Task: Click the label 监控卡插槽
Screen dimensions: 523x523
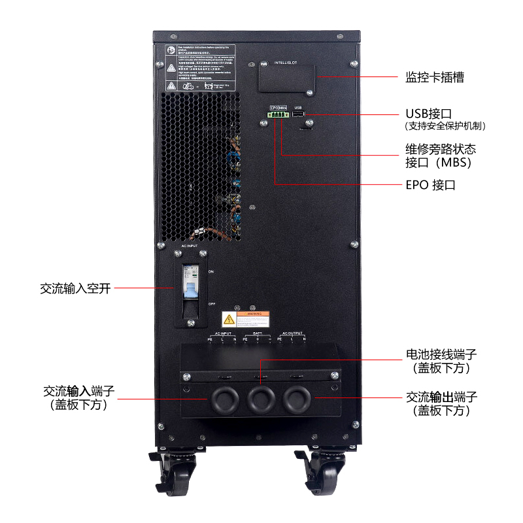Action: pyautogui.click(x=435, y=77)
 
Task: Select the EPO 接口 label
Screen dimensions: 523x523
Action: pyautogui.click(x=430, y=185)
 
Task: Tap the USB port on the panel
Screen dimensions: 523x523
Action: pyautogui.click(x=298, y=115)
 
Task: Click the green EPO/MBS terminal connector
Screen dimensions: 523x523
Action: pyautogui.click(x=278, y=115)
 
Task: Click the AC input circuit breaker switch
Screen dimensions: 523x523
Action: pyautogui.click(x=191, y=286)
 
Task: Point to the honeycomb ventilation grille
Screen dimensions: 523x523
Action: pyautogui.click(x=199, y=167)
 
